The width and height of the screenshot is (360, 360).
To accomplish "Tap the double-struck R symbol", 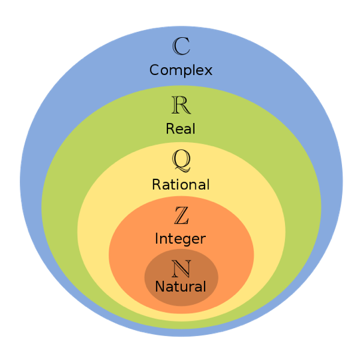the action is [x=181, y=105].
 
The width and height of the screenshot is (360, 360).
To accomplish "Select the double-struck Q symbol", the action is [x=181, y=159].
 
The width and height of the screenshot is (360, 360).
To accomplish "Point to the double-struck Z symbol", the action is [x=181, y=215].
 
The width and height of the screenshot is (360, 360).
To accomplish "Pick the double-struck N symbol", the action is [x=181, y=268].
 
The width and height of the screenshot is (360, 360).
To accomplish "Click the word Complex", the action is [x=181, y=70].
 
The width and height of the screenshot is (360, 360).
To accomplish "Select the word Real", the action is [x=181, y=128].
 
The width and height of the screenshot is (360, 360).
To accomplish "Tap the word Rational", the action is [x=181, y=184].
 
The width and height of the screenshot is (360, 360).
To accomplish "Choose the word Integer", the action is [x=181, y=239].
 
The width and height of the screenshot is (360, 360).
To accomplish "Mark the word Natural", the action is [x=181, y=286].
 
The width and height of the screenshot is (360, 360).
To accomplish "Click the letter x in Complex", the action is [x=207, y=71].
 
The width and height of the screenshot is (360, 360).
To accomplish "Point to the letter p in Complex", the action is [x=185, y=72].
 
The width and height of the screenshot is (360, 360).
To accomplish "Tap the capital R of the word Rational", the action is [x=157, y=185].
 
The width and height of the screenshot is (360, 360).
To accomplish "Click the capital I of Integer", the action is [x=156, y=238].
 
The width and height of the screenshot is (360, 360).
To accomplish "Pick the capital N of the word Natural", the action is [x=160, y=286].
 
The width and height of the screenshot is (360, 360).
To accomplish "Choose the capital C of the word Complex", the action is [x=155, y=70].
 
